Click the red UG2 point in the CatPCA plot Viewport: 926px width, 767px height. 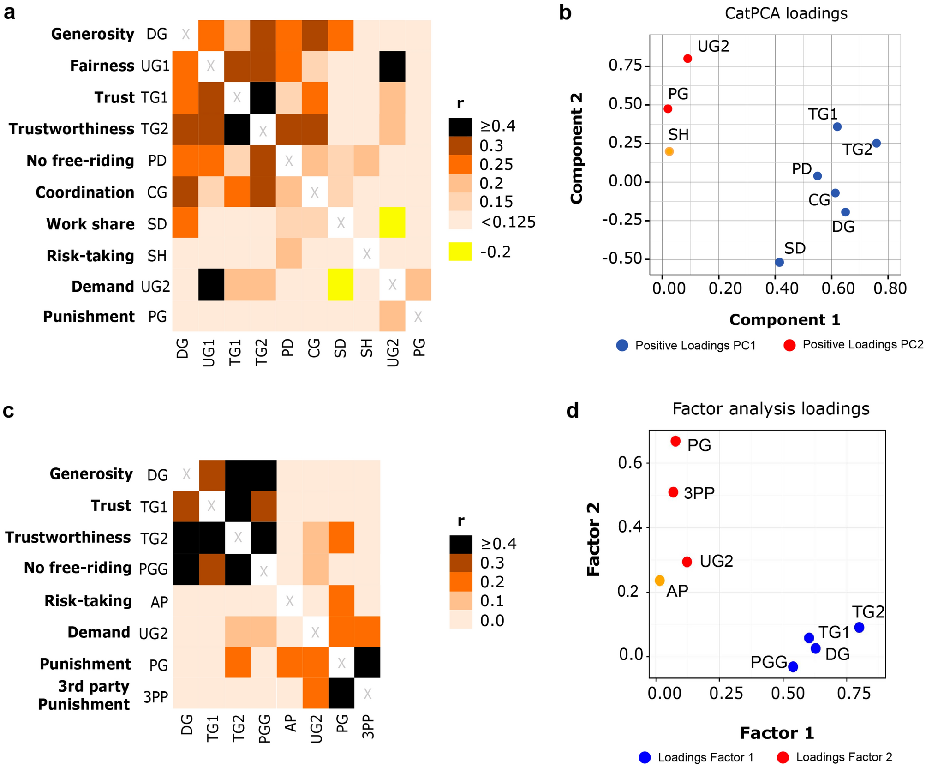[687, 59]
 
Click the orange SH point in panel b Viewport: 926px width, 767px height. [669, 151]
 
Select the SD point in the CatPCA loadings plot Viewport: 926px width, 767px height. [779, 262]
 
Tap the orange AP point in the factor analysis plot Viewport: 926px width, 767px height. [660, 581]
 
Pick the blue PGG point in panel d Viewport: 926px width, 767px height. [793, 666]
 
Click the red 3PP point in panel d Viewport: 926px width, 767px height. [673, 492]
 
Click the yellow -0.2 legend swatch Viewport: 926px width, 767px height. [460, 252]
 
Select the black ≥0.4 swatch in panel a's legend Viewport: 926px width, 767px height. [460, 126]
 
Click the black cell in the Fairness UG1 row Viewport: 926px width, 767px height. [392, 66]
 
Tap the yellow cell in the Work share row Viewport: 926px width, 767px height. [392, 222]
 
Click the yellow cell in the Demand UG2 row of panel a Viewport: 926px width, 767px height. [341, 285]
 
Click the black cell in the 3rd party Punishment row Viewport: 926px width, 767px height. [341, 693]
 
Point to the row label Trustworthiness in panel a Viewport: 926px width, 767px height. [71, 129]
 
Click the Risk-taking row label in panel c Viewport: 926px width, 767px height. [88, 601]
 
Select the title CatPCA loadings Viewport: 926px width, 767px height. [786, 13]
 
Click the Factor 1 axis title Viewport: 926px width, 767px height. [777, 733]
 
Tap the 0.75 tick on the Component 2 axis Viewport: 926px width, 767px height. [625, 66]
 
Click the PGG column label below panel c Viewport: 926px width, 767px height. [264, 729]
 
